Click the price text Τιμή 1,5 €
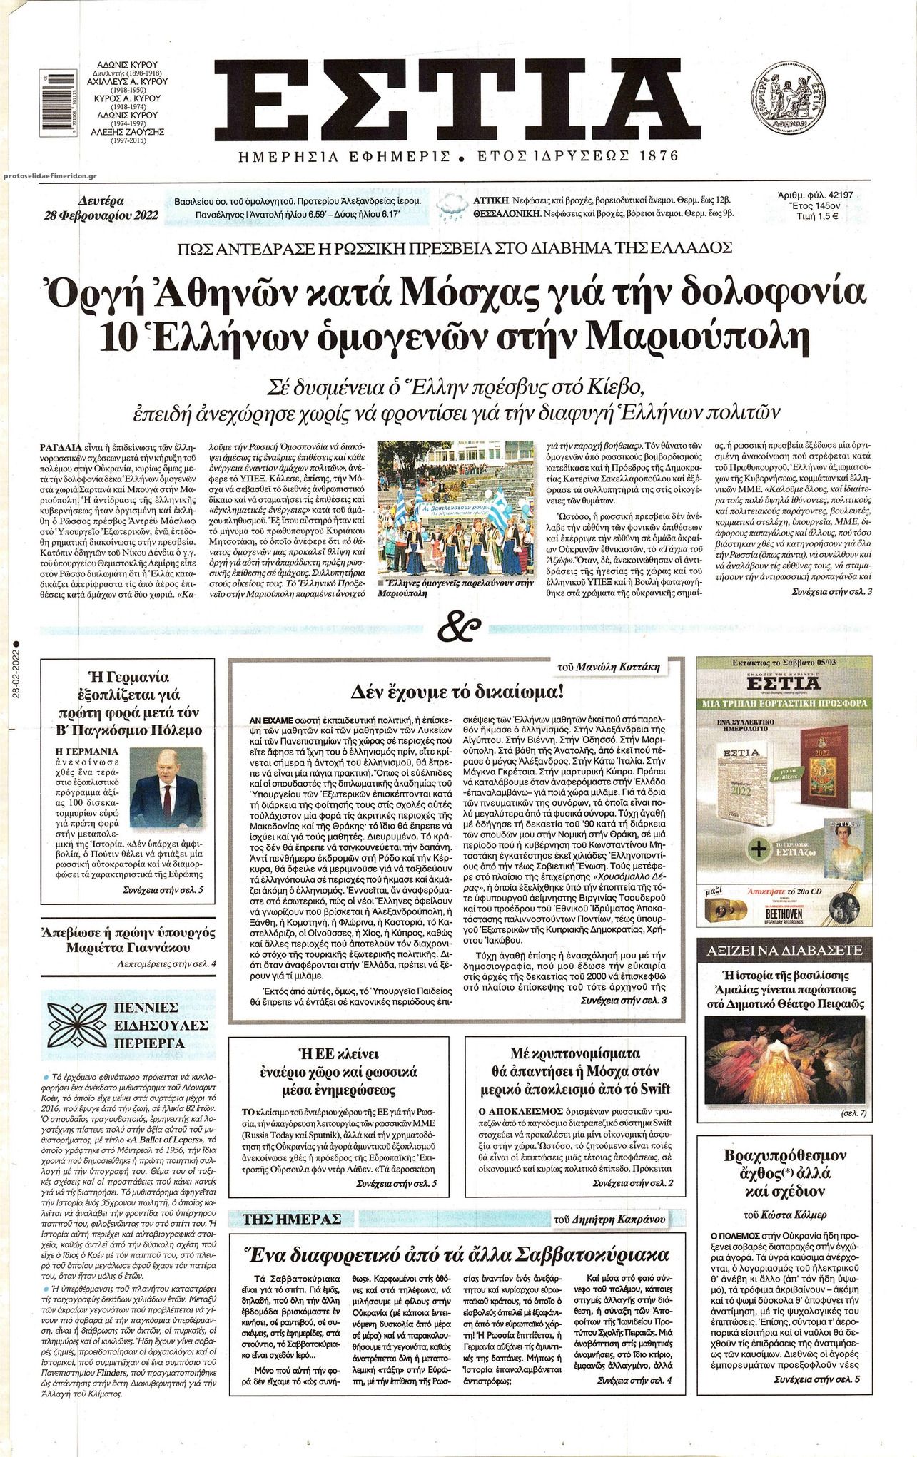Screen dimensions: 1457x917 (814, 218)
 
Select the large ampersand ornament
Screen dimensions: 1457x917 (457, 625)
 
